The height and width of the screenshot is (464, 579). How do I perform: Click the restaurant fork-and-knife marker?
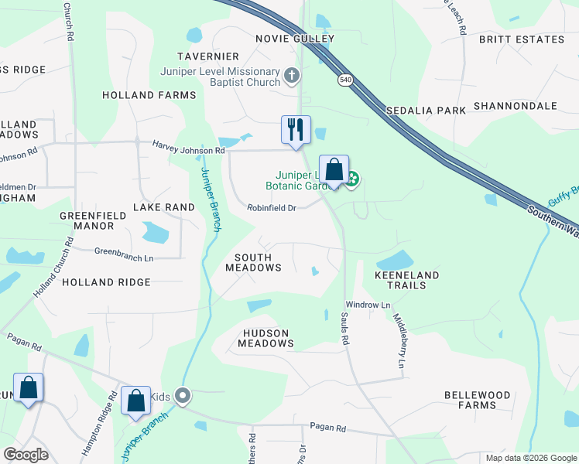[295, 129]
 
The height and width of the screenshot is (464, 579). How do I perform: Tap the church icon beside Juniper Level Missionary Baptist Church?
[291, 75]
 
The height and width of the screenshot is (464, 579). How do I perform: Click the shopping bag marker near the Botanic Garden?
[334, 169]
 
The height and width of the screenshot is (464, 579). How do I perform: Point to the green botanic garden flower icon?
[353, 180]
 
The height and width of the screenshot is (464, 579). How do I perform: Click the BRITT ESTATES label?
[521, 39]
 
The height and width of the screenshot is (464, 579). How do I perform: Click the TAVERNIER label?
[207, 56]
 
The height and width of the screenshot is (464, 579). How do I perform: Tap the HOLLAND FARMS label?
[149, 95]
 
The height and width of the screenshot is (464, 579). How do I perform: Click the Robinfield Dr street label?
[272, 208]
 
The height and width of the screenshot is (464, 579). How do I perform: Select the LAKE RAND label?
[163, 207]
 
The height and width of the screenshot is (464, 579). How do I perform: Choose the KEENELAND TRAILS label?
[406, 280]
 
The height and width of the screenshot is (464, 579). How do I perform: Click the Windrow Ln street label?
[368, 305]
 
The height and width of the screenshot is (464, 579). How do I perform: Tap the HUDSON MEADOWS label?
[263, 338]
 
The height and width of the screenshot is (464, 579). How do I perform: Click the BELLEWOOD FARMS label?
[477, 400]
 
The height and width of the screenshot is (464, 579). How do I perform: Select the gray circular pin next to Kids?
[183, 396]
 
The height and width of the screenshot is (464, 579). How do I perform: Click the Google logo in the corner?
[26, 455]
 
